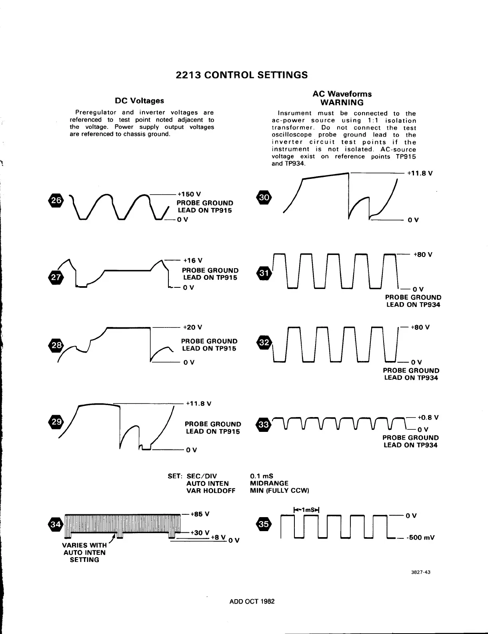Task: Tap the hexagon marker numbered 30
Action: (264, 197)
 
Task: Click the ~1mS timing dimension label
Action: (308, 510)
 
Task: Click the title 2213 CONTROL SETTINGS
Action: (242, 75)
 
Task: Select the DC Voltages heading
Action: (139, 101)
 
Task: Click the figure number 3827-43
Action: (422, 572)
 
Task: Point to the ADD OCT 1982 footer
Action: (252, 602)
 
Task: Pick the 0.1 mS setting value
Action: (261, 476)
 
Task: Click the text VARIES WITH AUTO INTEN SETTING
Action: (84, 552)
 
